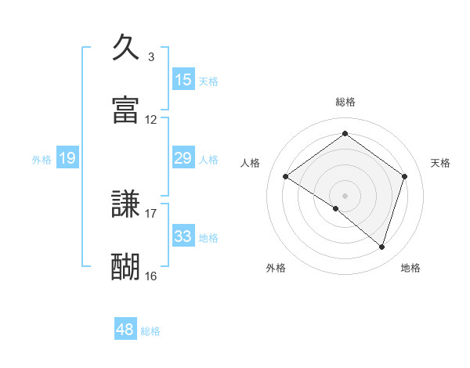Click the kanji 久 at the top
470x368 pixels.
[126, 48]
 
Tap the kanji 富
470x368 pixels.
[126, 110]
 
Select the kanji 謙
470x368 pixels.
[126, 204]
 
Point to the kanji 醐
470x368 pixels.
[126, 267]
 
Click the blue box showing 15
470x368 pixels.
[183, 80]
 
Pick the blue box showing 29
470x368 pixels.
[183, 159]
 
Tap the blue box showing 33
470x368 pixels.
[183, 237]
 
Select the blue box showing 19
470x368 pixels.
[67, 159]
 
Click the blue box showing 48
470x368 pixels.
[125, 330]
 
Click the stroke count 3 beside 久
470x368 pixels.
[151, 57]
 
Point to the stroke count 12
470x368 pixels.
[151, 120]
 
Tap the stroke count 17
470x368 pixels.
[151, 213]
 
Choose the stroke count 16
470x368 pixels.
[151, 276]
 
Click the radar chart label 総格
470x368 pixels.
[345, 102]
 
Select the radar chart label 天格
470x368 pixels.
[441, 163]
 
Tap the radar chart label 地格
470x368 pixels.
[410, 268]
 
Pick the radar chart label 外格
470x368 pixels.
[276, 268]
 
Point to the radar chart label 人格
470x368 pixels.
[251, 163]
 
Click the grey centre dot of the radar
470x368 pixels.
[345, 195]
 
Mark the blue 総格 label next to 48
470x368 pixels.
[150, 331]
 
